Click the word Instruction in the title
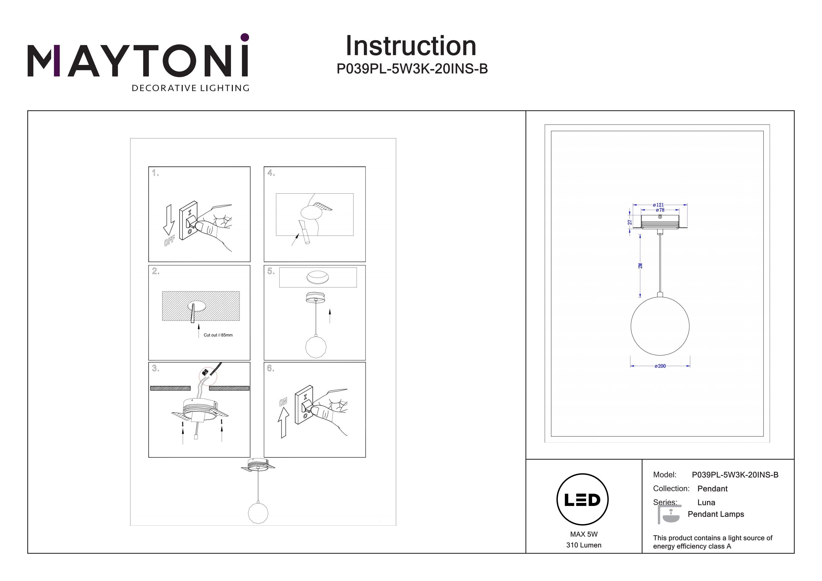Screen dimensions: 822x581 (x=411, y=46)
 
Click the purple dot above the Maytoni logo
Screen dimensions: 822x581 (x=245, y=37)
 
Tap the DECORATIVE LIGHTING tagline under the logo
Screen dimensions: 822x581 (x=190, y=88)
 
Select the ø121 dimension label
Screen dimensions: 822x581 (x=658, y=205)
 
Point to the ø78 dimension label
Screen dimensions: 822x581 (x=660, y=210)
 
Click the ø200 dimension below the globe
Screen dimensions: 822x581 (x=660, y=366)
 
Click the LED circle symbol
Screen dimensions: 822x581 (x=583, y=500)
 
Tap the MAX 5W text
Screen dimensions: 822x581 (x=584, y=534)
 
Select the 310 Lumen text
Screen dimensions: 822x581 (x=584, y=545)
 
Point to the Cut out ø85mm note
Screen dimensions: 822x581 (x=218, y=335)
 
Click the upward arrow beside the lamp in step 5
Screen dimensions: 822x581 (x=330, y=316)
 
